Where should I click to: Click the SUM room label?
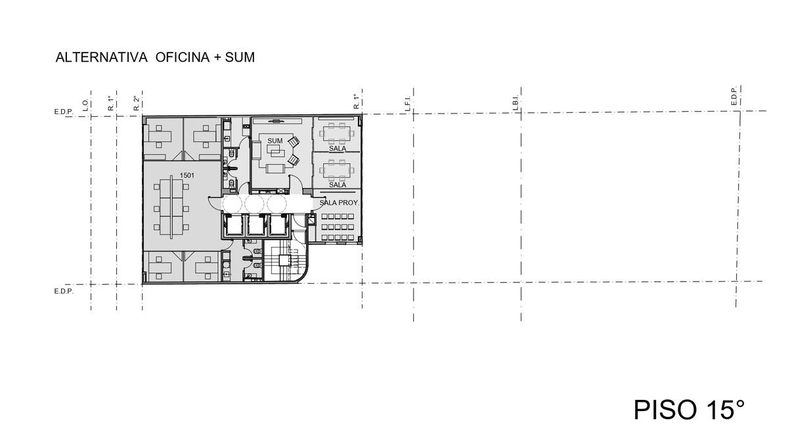click(x=274, y=141)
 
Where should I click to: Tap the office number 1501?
click(x=186, y=175)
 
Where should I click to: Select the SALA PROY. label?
click(x=339, y=203)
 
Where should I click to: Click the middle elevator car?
click(x=256, y=225)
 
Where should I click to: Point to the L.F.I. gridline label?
click(x=408, y=103)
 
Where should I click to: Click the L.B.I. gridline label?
click(x=516, y=103)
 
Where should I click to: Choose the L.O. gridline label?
click(x=85, y=105)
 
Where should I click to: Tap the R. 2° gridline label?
click(x=137, y=104)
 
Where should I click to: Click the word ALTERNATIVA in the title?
click(x=101, y=57)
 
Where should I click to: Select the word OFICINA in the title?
click(x=183, y=57)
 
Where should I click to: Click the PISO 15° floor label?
click(x=689, y=410)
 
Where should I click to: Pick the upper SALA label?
click(x=338, y=149)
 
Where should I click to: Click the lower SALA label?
click(x=338, y=184)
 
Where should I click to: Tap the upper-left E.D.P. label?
click(x=64, y=112)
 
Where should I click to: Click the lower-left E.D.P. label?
click(x=64, y=292)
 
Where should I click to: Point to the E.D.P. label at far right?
click(x=734, y=97)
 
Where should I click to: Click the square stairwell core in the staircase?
click(x=284, y=261)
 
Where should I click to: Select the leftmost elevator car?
click(x=233, y=225)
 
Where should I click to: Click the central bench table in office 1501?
click(x=171, y=207)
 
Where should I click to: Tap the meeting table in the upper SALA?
click(x=337, y=133)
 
